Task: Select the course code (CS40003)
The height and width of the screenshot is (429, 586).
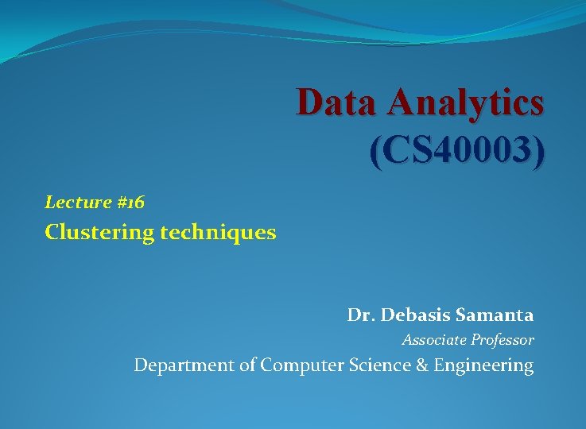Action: click(x=457, y=150)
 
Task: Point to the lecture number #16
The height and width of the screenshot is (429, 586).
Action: click(x=130, y=203)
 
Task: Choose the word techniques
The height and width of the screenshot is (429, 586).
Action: click(x=218, y=233)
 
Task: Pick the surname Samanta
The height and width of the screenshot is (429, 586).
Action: click(x=495, y=315)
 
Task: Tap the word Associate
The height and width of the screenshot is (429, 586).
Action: click(x=434, y=340)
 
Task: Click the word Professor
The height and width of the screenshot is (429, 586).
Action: click(x=503, y=340)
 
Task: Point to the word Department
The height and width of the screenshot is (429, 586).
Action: click(x=184, y=366)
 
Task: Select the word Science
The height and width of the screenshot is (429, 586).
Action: click(x=377, y=365)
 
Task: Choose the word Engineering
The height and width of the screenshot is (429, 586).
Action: click(x=483, y=366)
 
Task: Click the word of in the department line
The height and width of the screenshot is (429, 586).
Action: click(x=247, y=365)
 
